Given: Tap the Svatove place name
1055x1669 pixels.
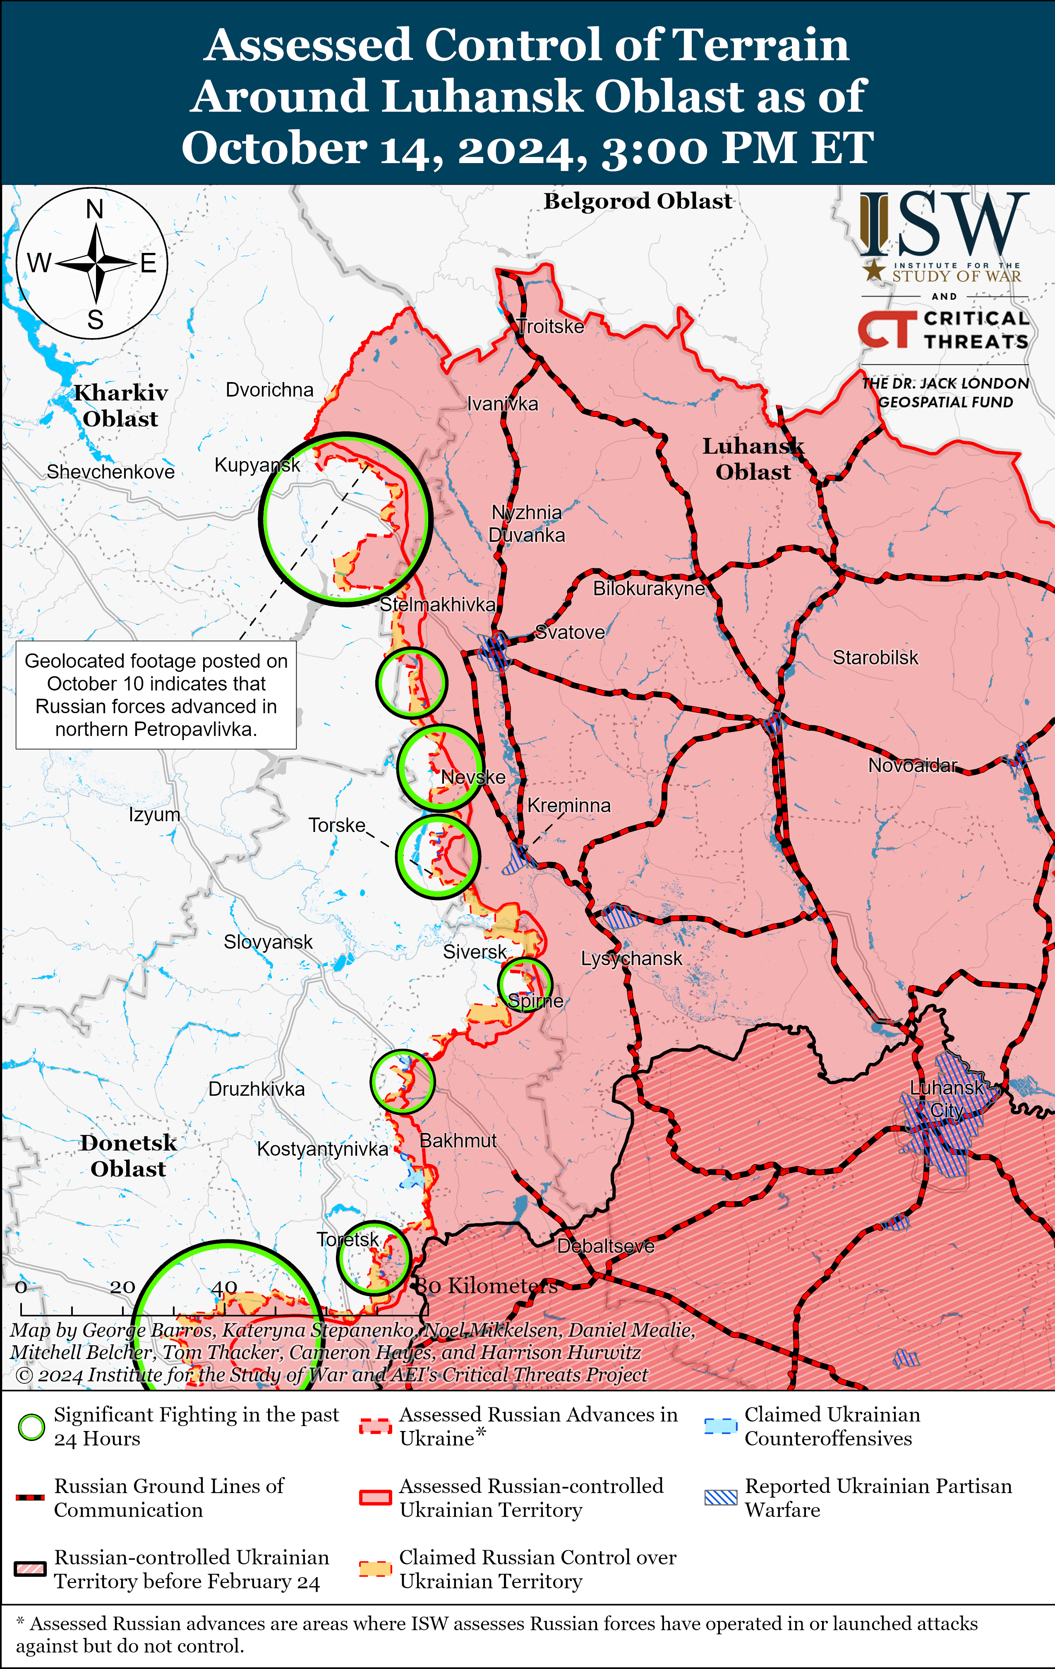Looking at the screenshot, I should (x=570, y=632).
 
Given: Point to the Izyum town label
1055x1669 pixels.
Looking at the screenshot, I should (x=154, y=814).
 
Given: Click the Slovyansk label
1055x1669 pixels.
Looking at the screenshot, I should (x=268, y=942).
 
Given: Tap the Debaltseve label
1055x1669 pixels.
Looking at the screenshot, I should (x=605, y=1246).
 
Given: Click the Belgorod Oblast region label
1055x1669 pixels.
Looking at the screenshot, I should (x=637, y=201).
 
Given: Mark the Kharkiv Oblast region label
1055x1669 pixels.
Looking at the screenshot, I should (x=121, y=406).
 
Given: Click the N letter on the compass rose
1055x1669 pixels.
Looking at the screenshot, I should (x=95, y=209).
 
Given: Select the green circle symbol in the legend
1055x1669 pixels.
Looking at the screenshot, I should (x=31, y=1427).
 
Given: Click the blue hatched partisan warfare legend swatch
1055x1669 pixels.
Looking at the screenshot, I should (x=720, y=1498).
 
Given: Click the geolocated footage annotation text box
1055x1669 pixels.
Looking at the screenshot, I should (x=156, y=695).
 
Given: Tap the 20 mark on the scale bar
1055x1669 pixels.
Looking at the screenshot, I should (x=122, y=1287).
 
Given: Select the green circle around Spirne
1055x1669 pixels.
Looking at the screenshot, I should (x=525, y=984).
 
